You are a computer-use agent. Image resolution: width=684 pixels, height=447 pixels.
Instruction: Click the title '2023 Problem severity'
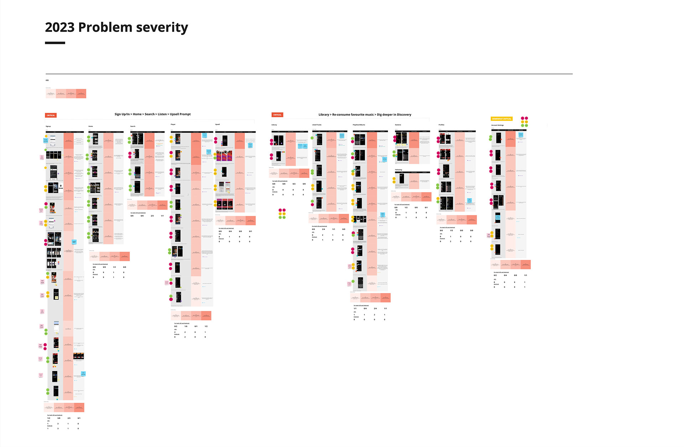pos(116,27)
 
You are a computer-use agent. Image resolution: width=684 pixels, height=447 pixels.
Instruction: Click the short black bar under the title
pos(55,43)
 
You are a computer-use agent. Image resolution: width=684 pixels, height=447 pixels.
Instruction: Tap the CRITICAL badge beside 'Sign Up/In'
pos(51,115)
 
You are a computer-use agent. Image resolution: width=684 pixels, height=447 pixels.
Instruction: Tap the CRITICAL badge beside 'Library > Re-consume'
pos(277,115)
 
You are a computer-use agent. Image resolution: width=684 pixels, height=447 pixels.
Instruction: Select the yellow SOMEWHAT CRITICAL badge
pos(502,119)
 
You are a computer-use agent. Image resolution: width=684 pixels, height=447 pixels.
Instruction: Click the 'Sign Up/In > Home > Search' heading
pos(152,114)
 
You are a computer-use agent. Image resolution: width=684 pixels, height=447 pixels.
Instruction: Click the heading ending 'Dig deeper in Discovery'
pos(365,114)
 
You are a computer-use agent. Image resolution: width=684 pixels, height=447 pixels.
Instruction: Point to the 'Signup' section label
pos(48,126)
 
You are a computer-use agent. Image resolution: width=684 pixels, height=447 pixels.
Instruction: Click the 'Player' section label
pos(173,124)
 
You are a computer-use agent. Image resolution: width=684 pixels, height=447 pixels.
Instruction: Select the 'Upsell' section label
pos(217,124)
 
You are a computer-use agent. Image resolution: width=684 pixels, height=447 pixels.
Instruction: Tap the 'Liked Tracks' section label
pos(317,125)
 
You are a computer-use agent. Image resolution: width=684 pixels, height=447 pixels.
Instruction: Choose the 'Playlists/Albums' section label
pos(359,125)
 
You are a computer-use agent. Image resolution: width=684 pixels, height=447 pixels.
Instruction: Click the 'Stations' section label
pos(398,125)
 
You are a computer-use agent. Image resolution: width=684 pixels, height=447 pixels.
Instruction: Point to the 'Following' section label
pos(398,170)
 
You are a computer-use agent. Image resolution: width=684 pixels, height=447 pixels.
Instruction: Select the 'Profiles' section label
pos(441,125)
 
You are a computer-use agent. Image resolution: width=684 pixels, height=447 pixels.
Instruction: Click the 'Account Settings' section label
pos(497,125)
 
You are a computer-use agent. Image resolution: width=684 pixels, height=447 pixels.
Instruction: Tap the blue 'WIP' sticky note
pos(74,242)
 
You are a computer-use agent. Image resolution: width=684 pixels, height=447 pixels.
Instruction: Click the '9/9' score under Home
pos(104,267)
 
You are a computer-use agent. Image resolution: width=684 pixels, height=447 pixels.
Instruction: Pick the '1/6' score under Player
pos(186,326)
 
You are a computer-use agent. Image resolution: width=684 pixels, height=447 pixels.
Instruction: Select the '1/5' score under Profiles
pos(451,230)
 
